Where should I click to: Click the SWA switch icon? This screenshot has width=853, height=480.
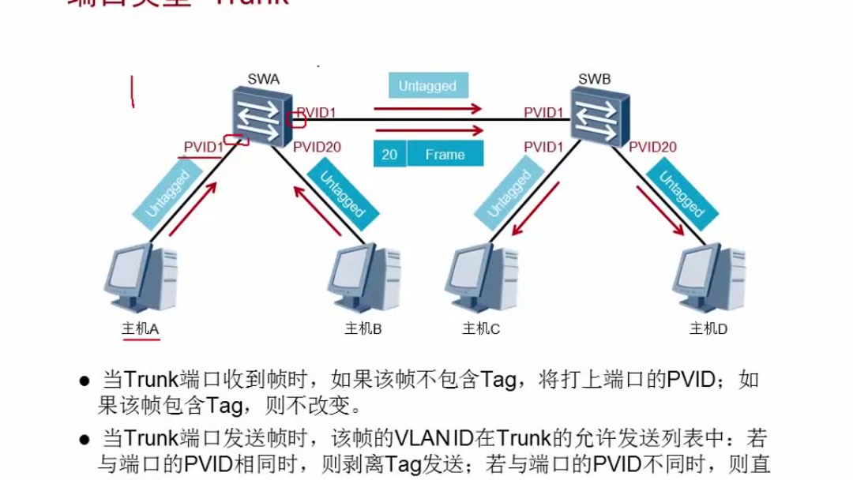pos(261,117)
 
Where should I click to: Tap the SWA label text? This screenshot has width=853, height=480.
pos(264,79)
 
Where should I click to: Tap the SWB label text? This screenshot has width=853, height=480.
pos(595,79)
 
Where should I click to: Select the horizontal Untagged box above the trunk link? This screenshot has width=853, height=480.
pos(427,86)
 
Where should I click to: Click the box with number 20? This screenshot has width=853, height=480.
pos(389,154)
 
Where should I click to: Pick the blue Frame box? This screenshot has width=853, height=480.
pos(445,154)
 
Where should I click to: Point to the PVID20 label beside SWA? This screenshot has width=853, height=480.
pos(317,147)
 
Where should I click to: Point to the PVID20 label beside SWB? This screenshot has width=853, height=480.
pos(653,147)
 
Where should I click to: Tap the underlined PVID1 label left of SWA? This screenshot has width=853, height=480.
pos(203,147)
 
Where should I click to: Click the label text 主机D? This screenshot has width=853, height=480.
pos(708,329)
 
